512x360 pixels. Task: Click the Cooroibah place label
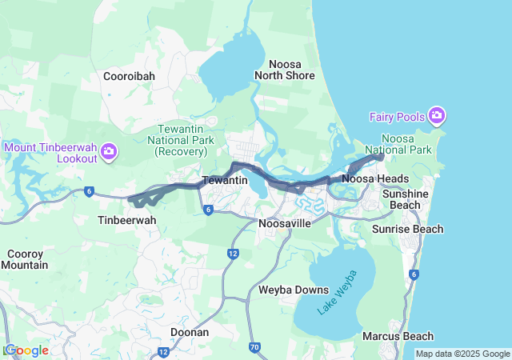point(129,76)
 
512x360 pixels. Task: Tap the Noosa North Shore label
point(285,70)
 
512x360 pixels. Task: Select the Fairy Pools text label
point(397,117)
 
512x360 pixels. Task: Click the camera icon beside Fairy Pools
point(436,117)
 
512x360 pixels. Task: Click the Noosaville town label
point(285,223)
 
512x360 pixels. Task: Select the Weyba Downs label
point(294,290)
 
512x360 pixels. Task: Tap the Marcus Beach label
point(398,336)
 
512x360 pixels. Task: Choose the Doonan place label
point(190,332)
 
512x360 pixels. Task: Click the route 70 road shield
point(254,347)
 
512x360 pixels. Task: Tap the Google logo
point(26,350)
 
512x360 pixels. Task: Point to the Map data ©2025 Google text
point(462,354)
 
